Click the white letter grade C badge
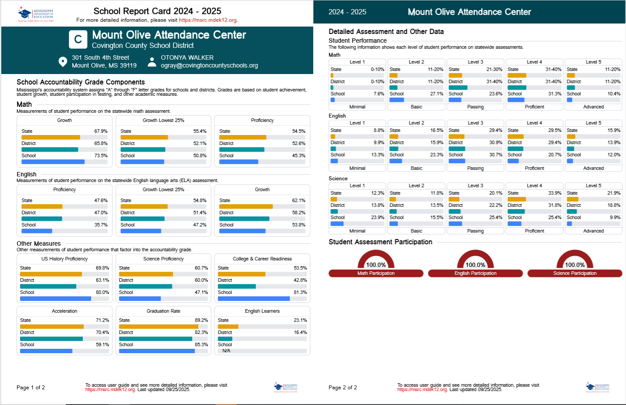click(78, 39)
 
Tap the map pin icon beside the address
click(63, 61)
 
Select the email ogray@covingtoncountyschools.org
click(209, 65)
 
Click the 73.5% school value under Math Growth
click(101, 155)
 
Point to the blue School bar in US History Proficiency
click(55, 299)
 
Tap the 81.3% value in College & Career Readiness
click(300, 292)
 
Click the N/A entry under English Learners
click(227, 351)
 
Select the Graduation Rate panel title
click(163, 311)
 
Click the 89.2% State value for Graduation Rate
click(201, 320)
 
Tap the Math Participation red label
click(376, 273)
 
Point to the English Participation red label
click(475, 273)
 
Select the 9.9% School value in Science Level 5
click(615, 217)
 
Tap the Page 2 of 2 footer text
click(342, 388)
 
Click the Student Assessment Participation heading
click(380, 242)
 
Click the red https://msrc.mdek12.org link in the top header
click(208, 20)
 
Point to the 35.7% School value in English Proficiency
click(101, 225)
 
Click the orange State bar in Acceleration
click(51, 327)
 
